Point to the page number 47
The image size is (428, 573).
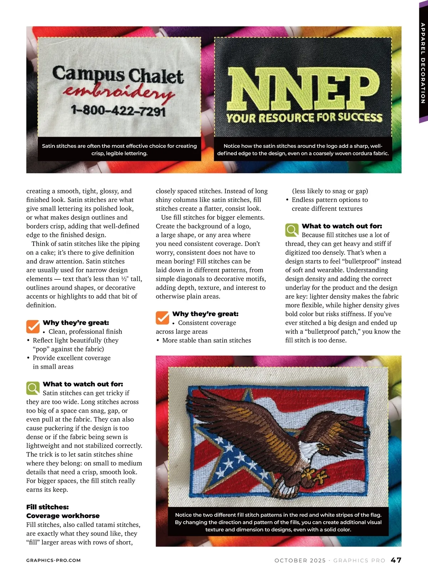point(396,560)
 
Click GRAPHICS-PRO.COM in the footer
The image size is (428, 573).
point(53,561)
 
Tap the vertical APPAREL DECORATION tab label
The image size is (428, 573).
point(423,63)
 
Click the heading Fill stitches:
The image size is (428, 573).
point(47,507)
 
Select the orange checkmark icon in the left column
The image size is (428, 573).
point(33,326)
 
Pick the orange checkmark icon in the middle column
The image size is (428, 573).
point(162,317)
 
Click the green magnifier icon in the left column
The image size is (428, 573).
point(33,388)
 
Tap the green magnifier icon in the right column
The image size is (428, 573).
point(292,230)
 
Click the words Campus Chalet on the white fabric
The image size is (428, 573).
point(118,74)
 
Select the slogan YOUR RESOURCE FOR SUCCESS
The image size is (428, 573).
point(304,117)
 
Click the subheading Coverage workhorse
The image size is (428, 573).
point(63,516)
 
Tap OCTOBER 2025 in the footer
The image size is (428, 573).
point(300,561)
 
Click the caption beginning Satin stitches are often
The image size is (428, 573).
point(119,149)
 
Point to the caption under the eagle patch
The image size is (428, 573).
point(278,522)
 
